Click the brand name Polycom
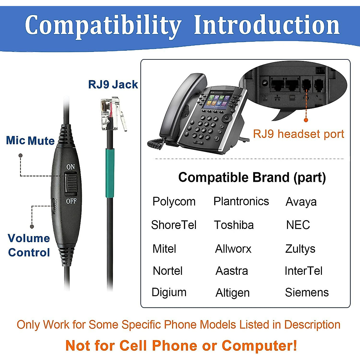point(174,202)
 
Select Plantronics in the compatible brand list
point(241,201)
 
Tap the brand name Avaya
point(301,202)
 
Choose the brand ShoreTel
point(174,225)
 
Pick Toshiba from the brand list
point(234,225)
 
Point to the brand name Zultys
point(300,249)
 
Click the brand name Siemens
point(307,292)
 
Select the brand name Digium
point(169,292)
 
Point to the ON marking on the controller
point(71,167)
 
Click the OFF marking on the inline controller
point(71,201)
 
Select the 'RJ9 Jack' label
point(113,85)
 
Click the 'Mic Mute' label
point(30,141)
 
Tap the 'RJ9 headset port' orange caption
point(298,134)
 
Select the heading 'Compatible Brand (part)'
point(252,178)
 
